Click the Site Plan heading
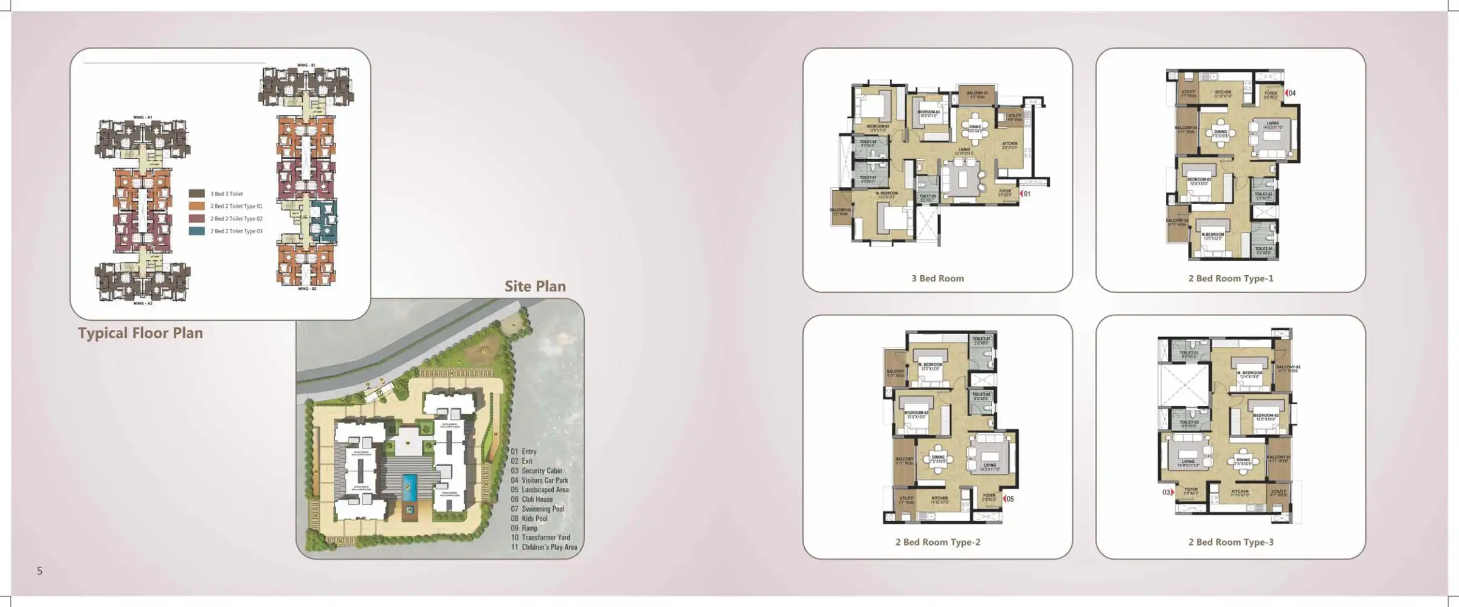[x=535, y=286]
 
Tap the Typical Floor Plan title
[x=140, y=333]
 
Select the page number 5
[x=40, y=571]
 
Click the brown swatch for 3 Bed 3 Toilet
[x=196, y=194]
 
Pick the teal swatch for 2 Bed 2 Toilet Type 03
[x=196, y=231]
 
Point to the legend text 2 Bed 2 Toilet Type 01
[x=236, y=206]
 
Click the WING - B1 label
[x=306, y=65]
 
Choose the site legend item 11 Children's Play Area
[x=543, y=547]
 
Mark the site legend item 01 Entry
[x=523, y=451]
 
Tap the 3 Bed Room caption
[x=937, y=278]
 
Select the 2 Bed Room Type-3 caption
[x=1230, y=542]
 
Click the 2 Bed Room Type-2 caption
[x=937, y=542]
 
